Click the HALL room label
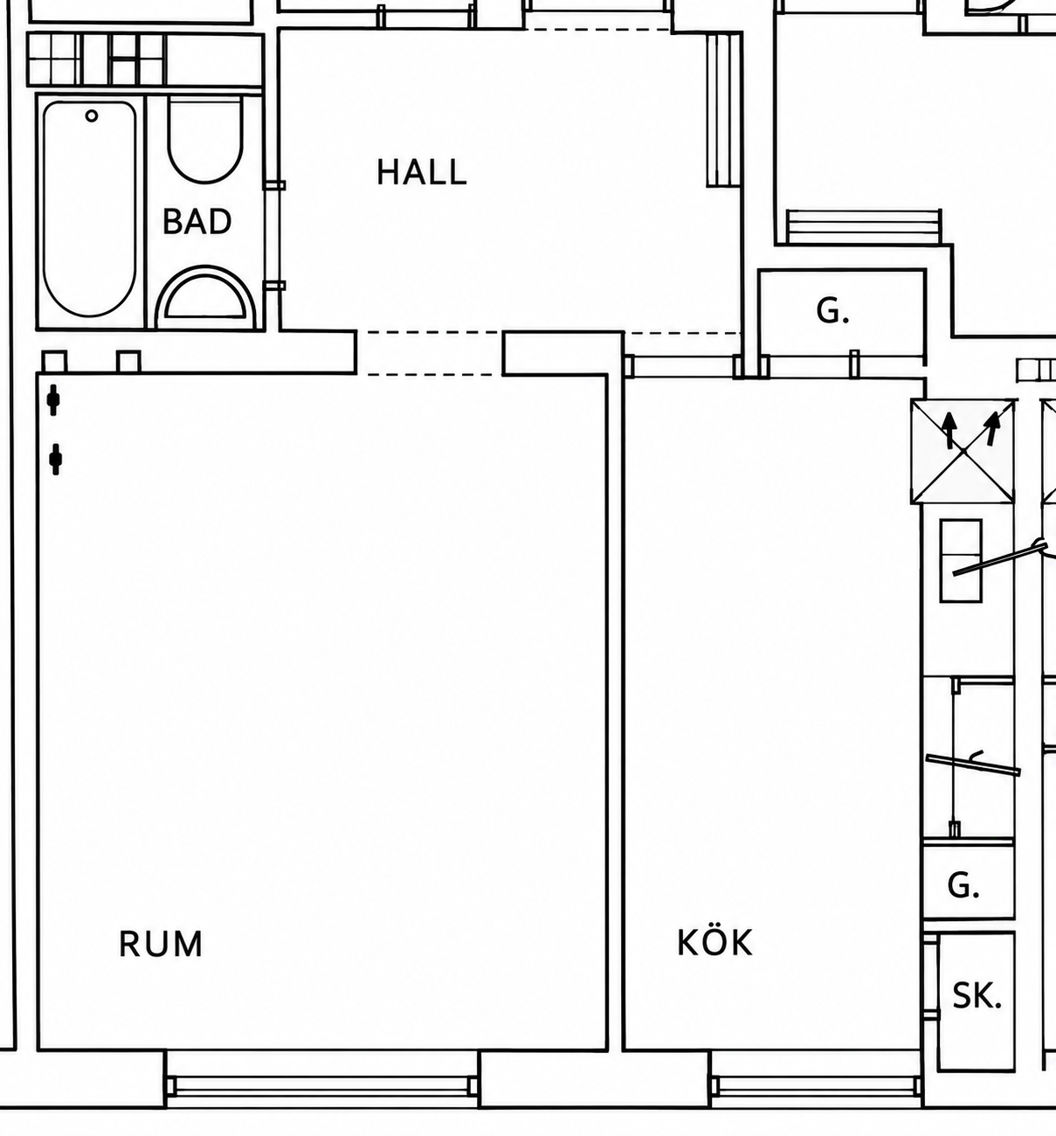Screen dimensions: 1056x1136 [421, 172]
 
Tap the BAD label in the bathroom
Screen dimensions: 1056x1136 [197, 221]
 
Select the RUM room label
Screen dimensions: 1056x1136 [161, 944]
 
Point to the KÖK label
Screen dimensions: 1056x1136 [714, 941]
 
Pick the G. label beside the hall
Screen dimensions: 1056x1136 [832, 311]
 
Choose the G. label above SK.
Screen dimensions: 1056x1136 [963, 886]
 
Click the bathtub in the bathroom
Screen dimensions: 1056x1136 [90, 208]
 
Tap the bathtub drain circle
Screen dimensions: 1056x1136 [92, 116]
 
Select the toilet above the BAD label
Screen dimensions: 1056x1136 [204, 140]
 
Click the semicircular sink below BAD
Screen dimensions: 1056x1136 [205, 296]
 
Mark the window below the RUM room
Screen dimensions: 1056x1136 [322, 1085]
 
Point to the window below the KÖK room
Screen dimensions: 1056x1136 [816, 1085]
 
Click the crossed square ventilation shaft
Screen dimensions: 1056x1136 [964, 451]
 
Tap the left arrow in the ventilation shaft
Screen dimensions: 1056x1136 [949, 430]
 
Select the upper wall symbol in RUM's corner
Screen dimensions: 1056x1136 [53, 399]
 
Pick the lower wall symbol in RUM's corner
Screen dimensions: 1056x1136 [55, 459]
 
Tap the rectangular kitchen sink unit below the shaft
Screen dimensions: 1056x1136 [961, 560]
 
